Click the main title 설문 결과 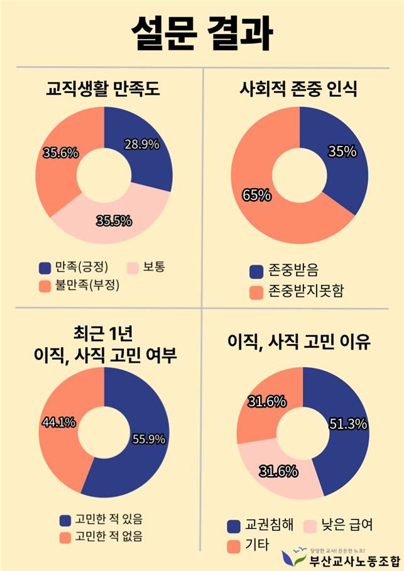point(202,33)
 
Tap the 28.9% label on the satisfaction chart point(142,144)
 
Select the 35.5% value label point(114,221)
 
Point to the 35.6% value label point(60,153)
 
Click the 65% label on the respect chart point(256,195)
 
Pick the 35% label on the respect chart point(342,152)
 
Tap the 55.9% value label point(149,439)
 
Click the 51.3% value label point(348,424)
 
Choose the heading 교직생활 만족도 point(104,89)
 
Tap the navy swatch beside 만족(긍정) point(45,268)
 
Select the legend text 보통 point(155,267)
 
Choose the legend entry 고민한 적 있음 point(109,519)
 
